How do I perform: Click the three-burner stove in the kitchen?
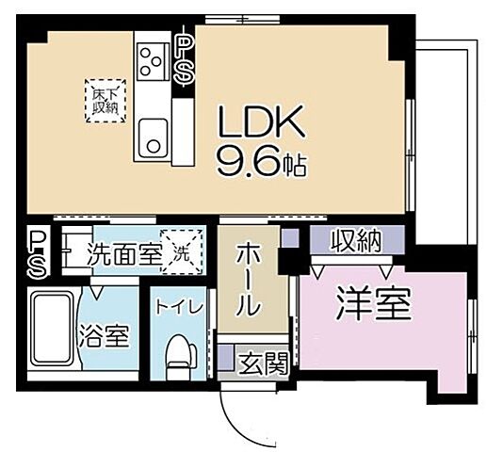click(151, 62)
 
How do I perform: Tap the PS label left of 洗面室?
click(38, 254)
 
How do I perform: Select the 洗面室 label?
click(120, 252)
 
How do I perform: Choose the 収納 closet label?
click(355, 241)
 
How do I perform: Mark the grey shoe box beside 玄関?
click(225, 358)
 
